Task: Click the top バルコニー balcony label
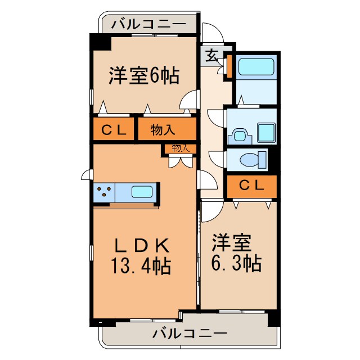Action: coord(148,24)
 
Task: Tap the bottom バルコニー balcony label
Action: coord(190,334)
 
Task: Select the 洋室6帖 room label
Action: coord(144,75)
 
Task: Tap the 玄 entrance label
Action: coord(211,56)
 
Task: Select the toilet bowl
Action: coord(253,160)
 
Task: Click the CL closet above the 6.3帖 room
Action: coord(251,186)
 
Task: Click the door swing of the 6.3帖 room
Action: coord(210,210)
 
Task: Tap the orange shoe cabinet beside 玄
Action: coord(229,65)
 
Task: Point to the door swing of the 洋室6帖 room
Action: coord(190,101)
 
